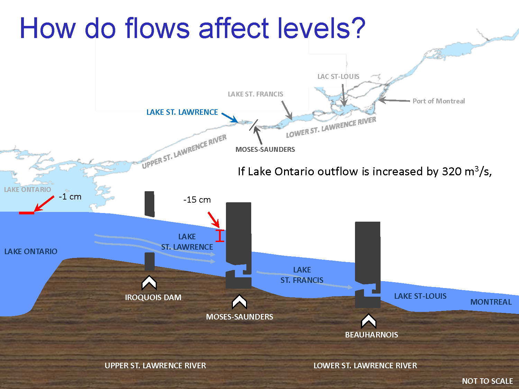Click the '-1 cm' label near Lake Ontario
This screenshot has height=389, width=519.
pos(70,197)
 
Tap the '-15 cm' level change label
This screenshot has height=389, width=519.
pos(197,200)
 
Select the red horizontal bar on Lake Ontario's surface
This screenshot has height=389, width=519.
pos(27,213)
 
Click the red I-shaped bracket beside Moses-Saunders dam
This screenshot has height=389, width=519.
pos(220,236)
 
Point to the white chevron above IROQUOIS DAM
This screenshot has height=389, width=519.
pos(149,283)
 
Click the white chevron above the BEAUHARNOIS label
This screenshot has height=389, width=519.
pos(368,321)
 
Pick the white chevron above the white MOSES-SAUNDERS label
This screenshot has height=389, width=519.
pos(239,302)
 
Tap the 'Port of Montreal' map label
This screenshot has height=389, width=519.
pos(439,101)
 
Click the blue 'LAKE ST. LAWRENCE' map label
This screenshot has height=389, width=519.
pos(182,112)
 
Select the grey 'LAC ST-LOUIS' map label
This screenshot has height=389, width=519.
pos(338,76)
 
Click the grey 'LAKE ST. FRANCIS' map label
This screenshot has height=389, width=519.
pos(255,94)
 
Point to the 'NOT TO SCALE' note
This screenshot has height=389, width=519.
pos(488,381)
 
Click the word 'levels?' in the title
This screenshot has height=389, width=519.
pos(321,28)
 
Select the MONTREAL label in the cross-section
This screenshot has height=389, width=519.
pos(491,302)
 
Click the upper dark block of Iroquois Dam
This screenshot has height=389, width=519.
pos(149,204)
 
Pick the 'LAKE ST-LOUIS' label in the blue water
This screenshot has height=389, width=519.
pos(420,296)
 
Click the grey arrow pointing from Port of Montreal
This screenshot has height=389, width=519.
pos(394,100)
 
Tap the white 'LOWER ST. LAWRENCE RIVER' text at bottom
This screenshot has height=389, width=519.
pos(365,365)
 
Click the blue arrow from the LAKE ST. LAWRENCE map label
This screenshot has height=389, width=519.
pos(230,118)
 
